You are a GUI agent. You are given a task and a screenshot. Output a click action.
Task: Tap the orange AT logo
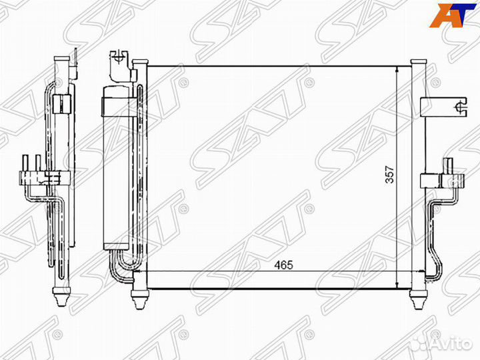pyautogui.click(x=453, y=14)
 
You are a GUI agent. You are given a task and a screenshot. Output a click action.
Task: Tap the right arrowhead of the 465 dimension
pyautogui.click(x=407, y=271)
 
